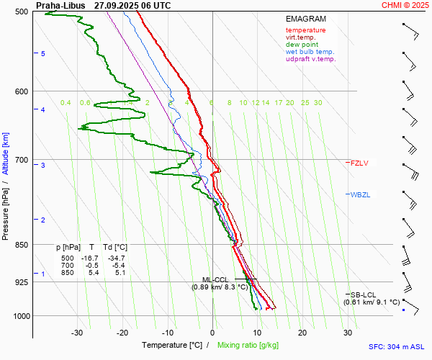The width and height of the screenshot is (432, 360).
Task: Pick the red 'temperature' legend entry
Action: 305,30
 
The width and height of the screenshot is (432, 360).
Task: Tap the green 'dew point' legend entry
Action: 302,45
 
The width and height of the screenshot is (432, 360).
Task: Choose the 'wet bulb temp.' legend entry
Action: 310,52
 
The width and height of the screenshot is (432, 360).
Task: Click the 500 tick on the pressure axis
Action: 21,12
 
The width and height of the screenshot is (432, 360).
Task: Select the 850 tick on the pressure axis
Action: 21,245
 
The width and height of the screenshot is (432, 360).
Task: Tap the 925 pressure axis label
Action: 21,282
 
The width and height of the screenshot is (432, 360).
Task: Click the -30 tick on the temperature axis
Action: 77,333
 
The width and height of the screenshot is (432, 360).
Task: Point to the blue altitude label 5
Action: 43,54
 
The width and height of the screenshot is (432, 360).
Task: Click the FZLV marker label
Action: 359,163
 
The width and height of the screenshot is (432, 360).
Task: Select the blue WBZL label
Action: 359,194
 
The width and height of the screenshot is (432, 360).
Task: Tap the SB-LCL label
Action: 364,294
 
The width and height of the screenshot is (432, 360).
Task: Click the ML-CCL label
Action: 215,279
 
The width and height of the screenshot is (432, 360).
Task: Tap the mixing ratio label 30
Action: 318,103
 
